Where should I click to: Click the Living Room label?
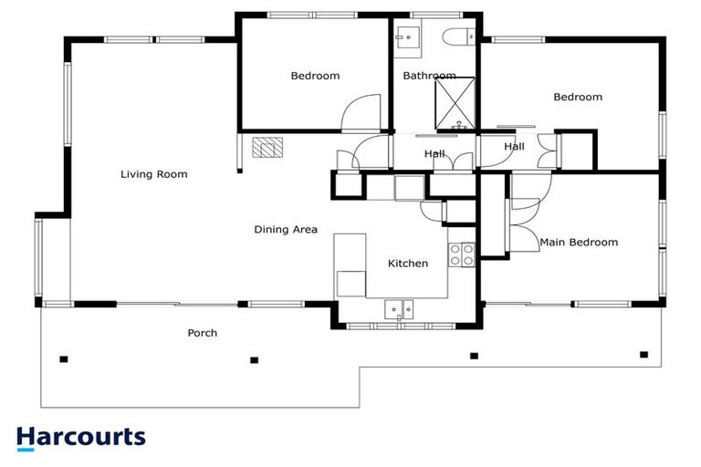tap(153, 174)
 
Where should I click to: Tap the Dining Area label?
tap(286, 230)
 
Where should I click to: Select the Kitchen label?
tap(407, 264)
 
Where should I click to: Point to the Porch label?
tap(202, 333)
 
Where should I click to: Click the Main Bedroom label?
tap(579, 243)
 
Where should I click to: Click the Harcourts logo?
tap(80, 437)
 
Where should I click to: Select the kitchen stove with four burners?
tap(462, 254)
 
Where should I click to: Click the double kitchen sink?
tap(399, 306)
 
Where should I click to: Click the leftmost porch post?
tap(64, 358)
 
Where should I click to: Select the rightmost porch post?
tap(643, 354)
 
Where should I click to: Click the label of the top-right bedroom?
tap(578, 98)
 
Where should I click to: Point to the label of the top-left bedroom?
tap(315, 76)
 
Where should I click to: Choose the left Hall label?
tap(434, 154)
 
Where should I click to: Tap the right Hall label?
tap(515, 146)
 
